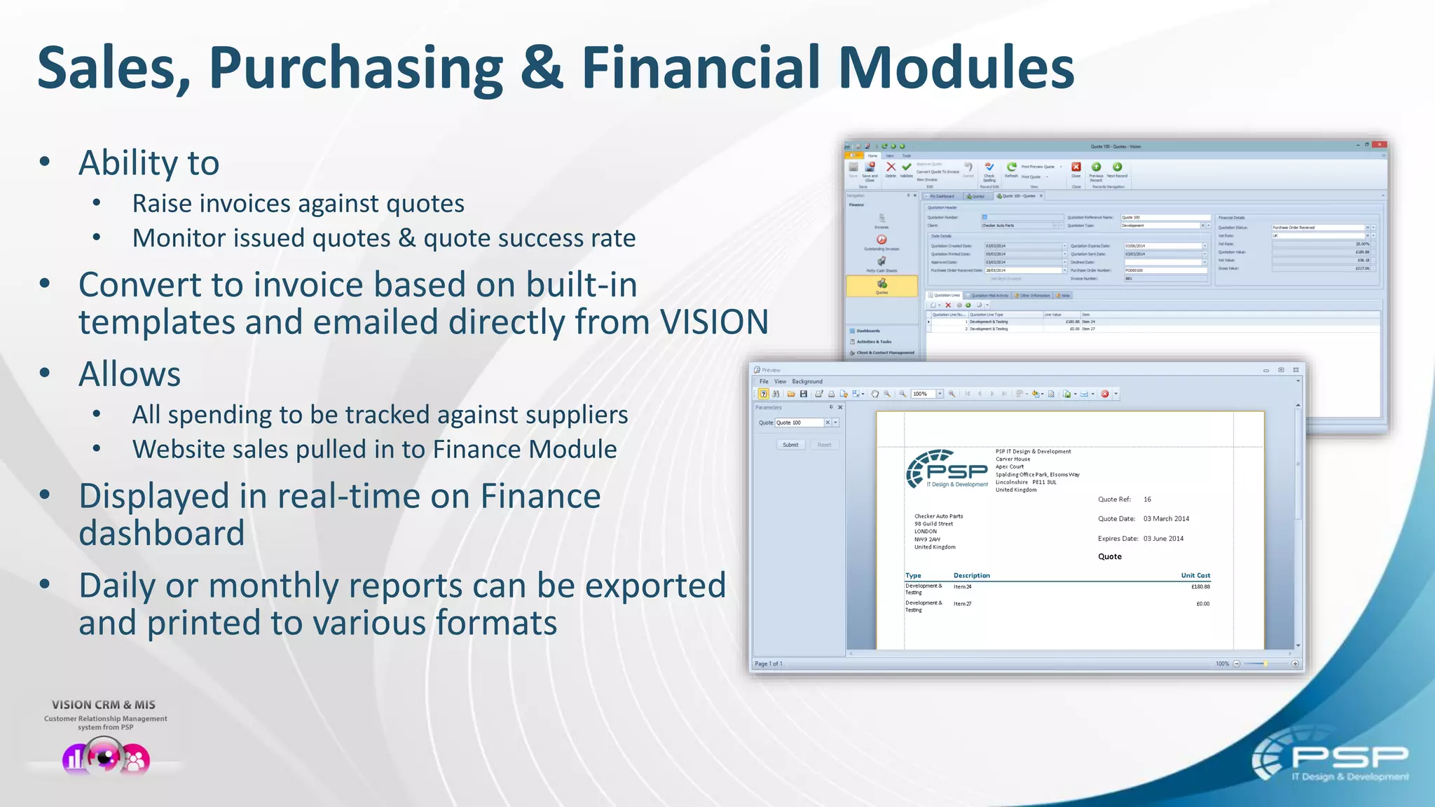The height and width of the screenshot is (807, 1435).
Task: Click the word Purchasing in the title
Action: coord(356,68)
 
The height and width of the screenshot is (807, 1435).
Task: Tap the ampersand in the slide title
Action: coord(542,68)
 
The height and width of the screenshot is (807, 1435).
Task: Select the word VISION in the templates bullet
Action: coord(714,322)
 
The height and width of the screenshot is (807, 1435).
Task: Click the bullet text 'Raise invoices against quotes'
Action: coord(298,204)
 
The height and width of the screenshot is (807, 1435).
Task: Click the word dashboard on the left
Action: coord(162,534)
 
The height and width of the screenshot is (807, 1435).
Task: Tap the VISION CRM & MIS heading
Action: coord(104,705)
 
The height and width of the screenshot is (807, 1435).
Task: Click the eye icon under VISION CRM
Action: coord(106,757)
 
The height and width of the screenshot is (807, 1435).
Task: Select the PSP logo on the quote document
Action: coord(947,470)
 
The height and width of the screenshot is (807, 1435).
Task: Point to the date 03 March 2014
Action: coord(1166,519)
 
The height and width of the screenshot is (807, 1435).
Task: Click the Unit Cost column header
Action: coord(1195,575)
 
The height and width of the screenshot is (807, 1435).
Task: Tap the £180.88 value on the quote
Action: coord(1200,587)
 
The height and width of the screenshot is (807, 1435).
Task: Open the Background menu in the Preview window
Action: coord(807,382)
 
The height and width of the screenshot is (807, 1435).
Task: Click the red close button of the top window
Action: coord(1379,145)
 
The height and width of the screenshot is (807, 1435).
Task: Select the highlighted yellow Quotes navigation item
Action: coord(881,286)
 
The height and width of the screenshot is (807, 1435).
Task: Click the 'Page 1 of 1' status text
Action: coord(768,663)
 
